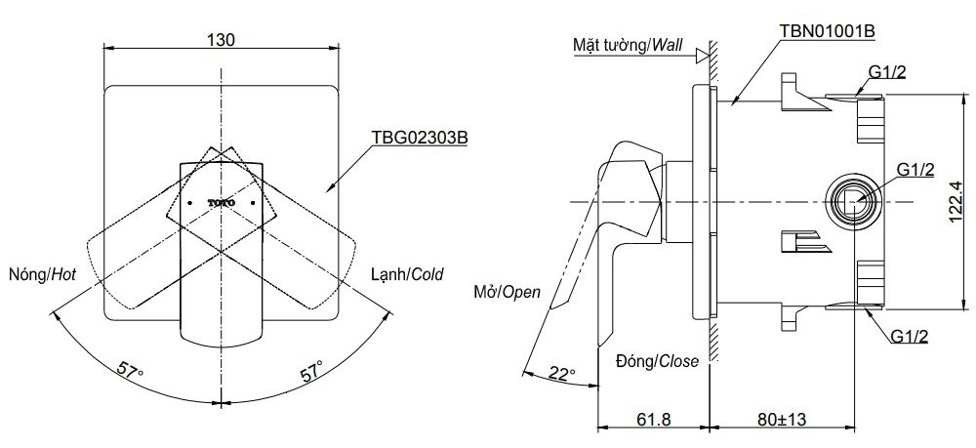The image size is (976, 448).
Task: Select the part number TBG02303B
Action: [419, 139]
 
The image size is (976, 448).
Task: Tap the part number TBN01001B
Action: [827, 30]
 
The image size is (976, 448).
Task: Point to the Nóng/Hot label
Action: [41, 275]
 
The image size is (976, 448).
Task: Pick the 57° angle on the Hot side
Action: [132, 372]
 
